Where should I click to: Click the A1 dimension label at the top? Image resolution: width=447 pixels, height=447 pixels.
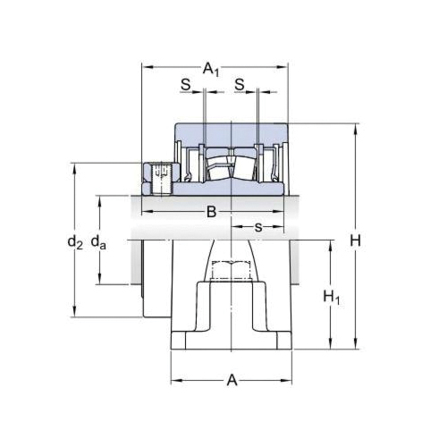[212, 68]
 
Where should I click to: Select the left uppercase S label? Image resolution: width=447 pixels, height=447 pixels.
[185, 84]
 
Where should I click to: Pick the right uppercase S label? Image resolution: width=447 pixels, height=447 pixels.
[240, 84]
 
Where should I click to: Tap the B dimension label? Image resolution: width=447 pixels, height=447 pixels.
[211, 212]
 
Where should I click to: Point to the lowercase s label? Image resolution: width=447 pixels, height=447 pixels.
[258, 227]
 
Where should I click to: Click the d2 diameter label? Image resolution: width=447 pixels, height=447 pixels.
[75, 241]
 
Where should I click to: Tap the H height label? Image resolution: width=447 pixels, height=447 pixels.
[355, 240]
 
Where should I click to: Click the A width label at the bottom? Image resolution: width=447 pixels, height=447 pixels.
[232, 381]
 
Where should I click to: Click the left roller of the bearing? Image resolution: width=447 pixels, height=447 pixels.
[215, 167]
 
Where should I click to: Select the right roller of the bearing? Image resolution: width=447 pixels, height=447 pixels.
[243, 166]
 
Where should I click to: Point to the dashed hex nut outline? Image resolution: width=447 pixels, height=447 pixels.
[232, 268]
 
